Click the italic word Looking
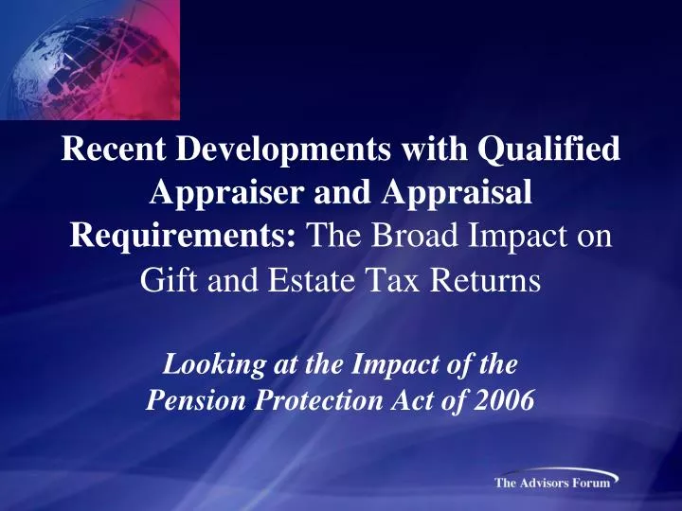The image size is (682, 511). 206,364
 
